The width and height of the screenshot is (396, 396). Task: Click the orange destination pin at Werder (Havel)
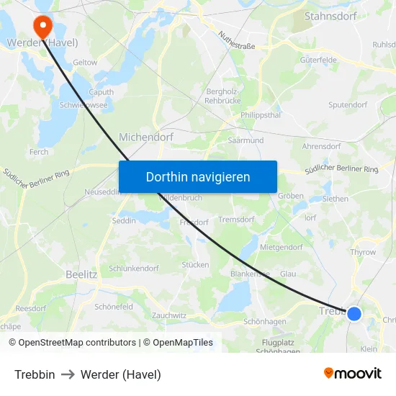tap(42, 27)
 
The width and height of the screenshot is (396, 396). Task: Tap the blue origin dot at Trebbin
tap(354, 313)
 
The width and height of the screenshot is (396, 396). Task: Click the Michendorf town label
tap(145, 136)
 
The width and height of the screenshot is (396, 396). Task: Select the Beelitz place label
tap(81, 274)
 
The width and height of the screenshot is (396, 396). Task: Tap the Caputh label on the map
tap(101, 92)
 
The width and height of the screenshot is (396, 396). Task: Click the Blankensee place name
tap(250, 274)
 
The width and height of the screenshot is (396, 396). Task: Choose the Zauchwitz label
tap(169, 315)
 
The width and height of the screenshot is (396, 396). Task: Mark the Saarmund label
tap(246, 141)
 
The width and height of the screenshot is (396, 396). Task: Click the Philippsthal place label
tap(261, 114)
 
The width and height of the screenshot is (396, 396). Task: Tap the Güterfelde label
tap(318, 60)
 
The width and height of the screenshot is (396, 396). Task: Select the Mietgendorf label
tap(282, 247)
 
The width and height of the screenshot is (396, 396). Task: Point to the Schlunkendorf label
tap(133, 268)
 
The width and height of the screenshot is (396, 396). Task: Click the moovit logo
tap(352, 374)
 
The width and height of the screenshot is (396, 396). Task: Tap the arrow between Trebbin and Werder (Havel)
tap(68, 374)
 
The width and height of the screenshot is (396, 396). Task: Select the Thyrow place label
tap(363, 253)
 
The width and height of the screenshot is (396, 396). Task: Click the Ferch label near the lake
tap(39, 152)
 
